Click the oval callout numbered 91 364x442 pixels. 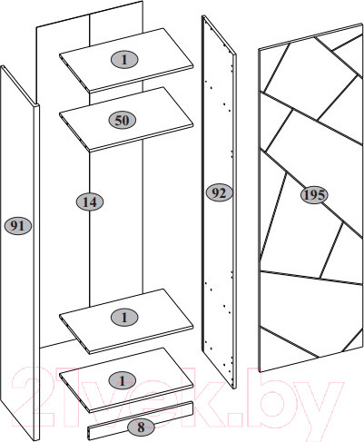18,226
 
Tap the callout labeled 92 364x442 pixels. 219,192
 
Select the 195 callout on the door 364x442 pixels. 314,195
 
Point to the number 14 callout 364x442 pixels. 90,201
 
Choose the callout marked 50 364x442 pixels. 122,120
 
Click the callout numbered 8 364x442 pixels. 141,427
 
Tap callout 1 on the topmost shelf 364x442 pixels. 124,60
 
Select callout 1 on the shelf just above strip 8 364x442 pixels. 123,380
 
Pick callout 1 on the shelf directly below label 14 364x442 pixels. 124,318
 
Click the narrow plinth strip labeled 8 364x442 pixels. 141,420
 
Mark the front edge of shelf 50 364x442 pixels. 142,138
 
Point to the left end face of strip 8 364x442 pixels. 90,433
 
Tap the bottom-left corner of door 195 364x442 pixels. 260,372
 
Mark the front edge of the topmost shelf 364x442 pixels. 142,79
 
